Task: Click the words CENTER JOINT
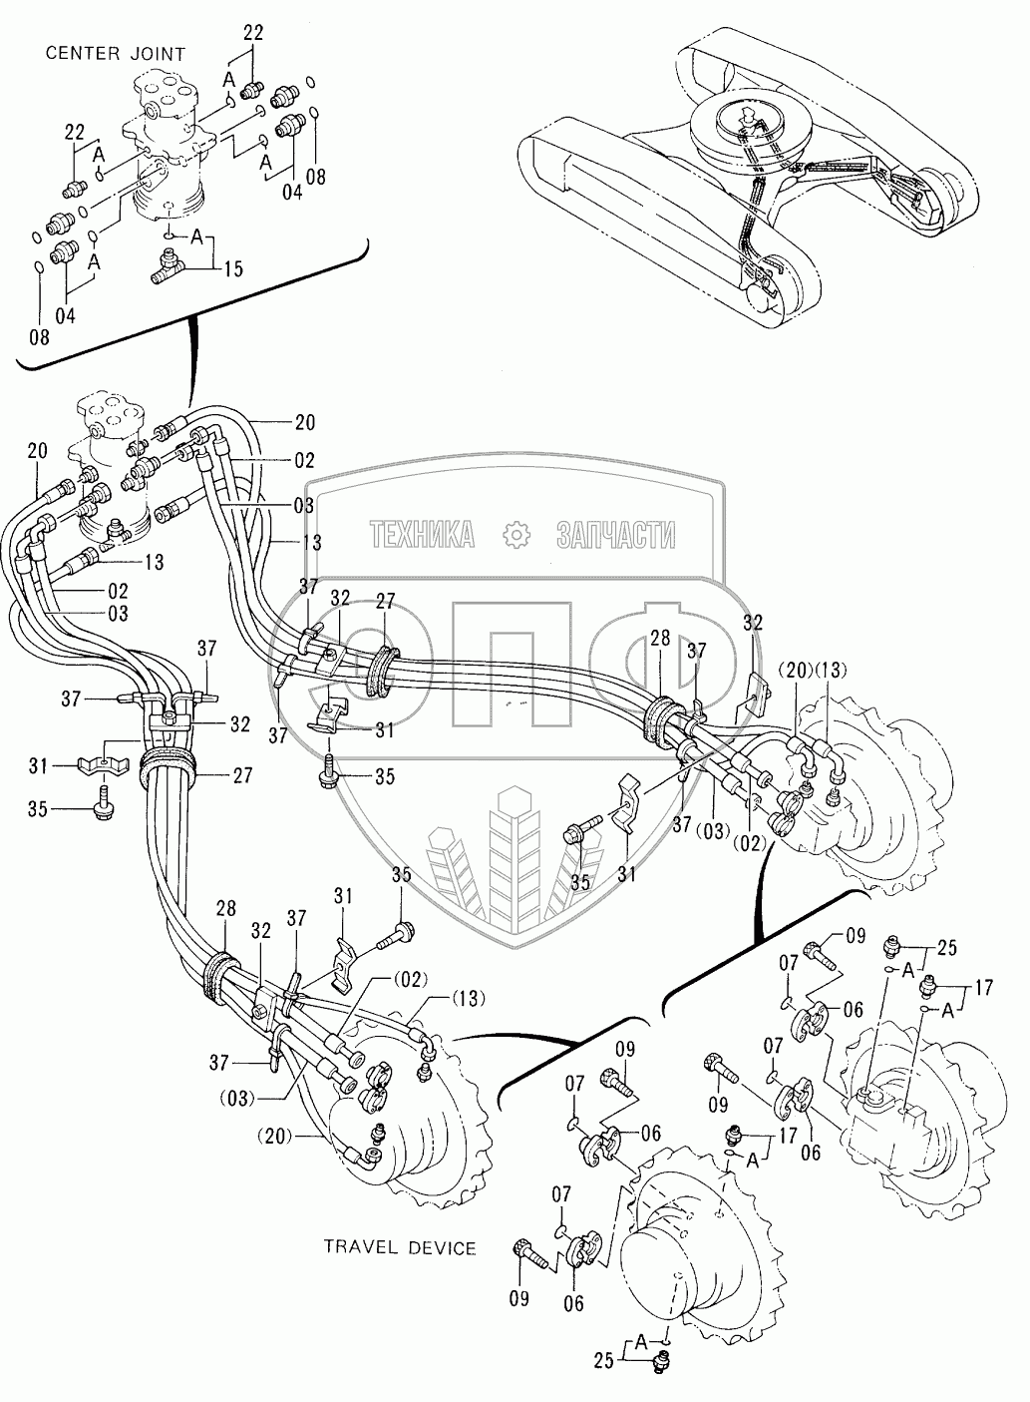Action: pyautogui.click(x=116, y=54)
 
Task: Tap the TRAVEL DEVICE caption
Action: pyautogui.click(x=400, y=1248)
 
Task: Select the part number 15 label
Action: pyautogui.click(x=232, y=269)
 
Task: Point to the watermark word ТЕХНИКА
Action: pyautogui.click(x=422, y=535)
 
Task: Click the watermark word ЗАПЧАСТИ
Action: pyautogui.click(x=616, y=535)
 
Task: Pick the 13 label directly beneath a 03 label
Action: pyautogui.click(x=311, y=542)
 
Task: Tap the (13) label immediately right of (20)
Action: pyautogui.click(x=830, y=671)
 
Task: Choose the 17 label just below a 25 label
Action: pyautogui.click(x=984, y=988)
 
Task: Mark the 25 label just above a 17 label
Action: pyautogui.click(x=947, y=947)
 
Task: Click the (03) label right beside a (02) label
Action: pyautogui.click(x=714, y=831)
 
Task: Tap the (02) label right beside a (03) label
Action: pyautogui.click(x=750, y=844)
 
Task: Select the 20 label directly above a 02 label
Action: pyautogui.click(x=305, y=422)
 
